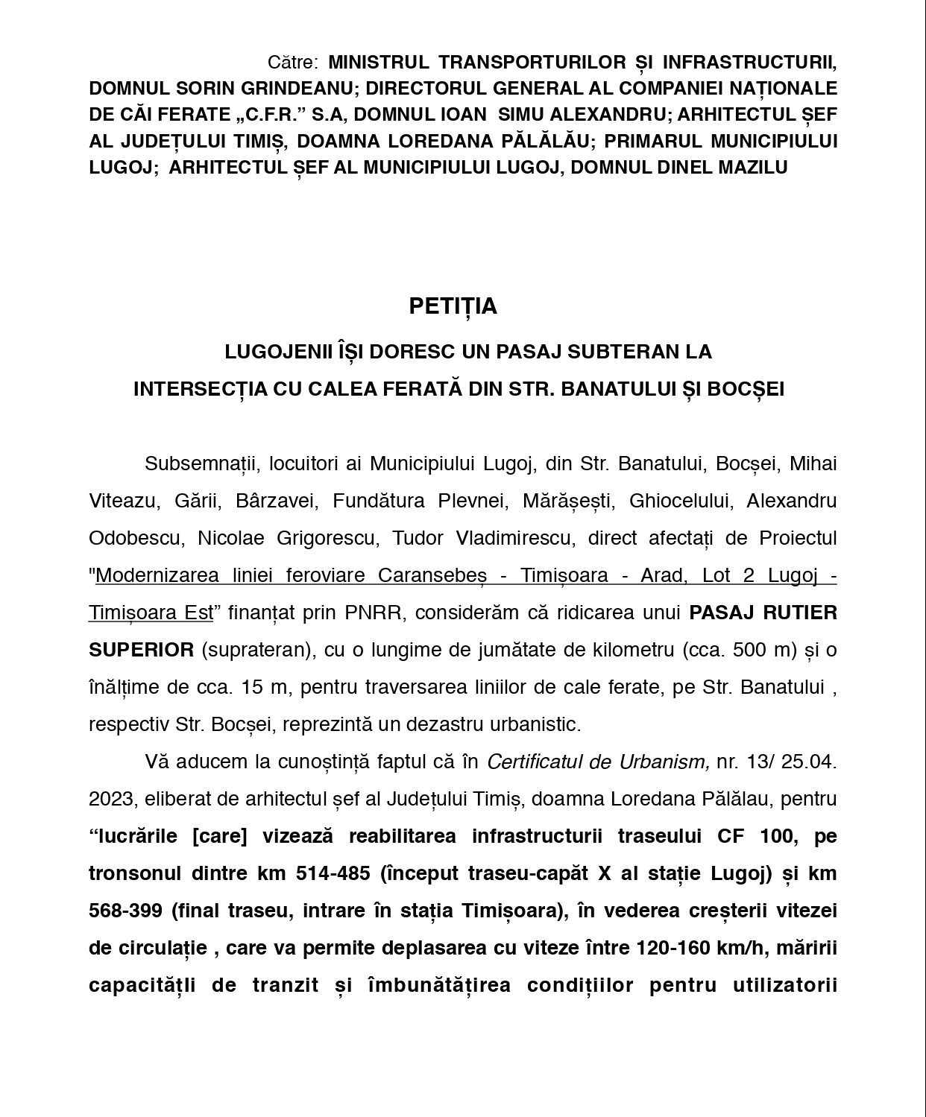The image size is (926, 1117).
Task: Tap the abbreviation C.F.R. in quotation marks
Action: click(269, 115)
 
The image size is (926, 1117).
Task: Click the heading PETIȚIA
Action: click(453, 306)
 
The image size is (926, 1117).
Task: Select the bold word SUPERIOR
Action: click(142, 650)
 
